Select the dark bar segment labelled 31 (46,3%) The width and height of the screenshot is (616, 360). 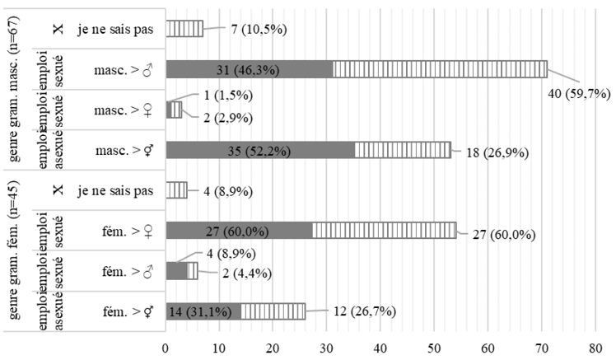[x=249, y=69]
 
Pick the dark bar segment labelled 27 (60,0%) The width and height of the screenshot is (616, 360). [x=239, y=230]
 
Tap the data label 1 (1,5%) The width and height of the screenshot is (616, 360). [x=217, y=96]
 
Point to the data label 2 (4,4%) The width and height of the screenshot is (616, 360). [x=236, y=273]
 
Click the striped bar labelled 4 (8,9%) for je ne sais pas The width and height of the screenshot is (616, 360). [x=176, y=190]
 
